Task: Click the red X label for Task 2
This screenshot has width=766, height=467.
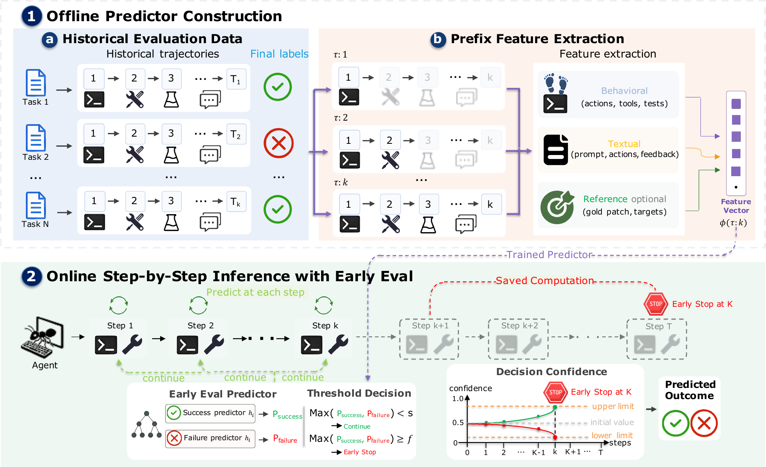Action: click(x=278, y=143)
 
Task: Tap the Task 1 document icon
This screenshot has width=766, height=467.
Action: click(x=36, y=83)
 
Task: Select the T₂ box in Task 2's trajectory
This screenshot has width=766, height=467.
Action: click(x=236, y=134)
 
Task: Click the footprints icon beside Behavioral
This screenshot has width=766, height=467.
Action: click(x=556, y=83)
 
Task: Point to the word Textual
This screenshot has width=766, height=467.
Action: click(x=624, y=144)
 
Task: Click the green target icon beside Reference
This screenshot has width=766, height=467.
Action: click(x=557, y=207)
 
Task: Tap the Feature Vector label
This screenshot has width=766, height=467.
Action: click(x=736, y=206)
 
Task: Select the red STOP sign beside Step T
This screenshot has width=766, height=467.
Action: click(x=656, y=304)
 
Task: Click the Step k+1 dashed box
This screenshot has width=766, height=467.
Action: click(x=429, y=339)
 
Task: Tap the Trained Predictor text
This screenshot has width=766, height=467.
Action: click(x=549, y=255)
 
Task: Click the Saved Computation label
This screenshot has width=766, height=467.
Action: click(x=545, y=281)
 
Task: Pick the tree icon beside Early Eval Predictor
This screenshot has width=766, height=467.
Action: click(x=147, y=424)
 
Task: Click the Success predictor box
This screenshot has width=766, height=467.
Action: click(x=210, y=413)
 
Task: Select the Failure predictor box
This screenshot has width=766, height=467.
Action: click(x=210, y=439)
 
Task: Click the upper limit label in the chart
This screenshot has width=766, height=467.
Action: click(x=613, y=406)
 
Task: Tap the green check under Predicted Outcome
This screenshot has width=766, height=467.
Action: click(x=675, y=423)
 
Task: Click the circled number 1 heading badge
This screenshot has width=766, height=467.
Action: click(x=32, y=16)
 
